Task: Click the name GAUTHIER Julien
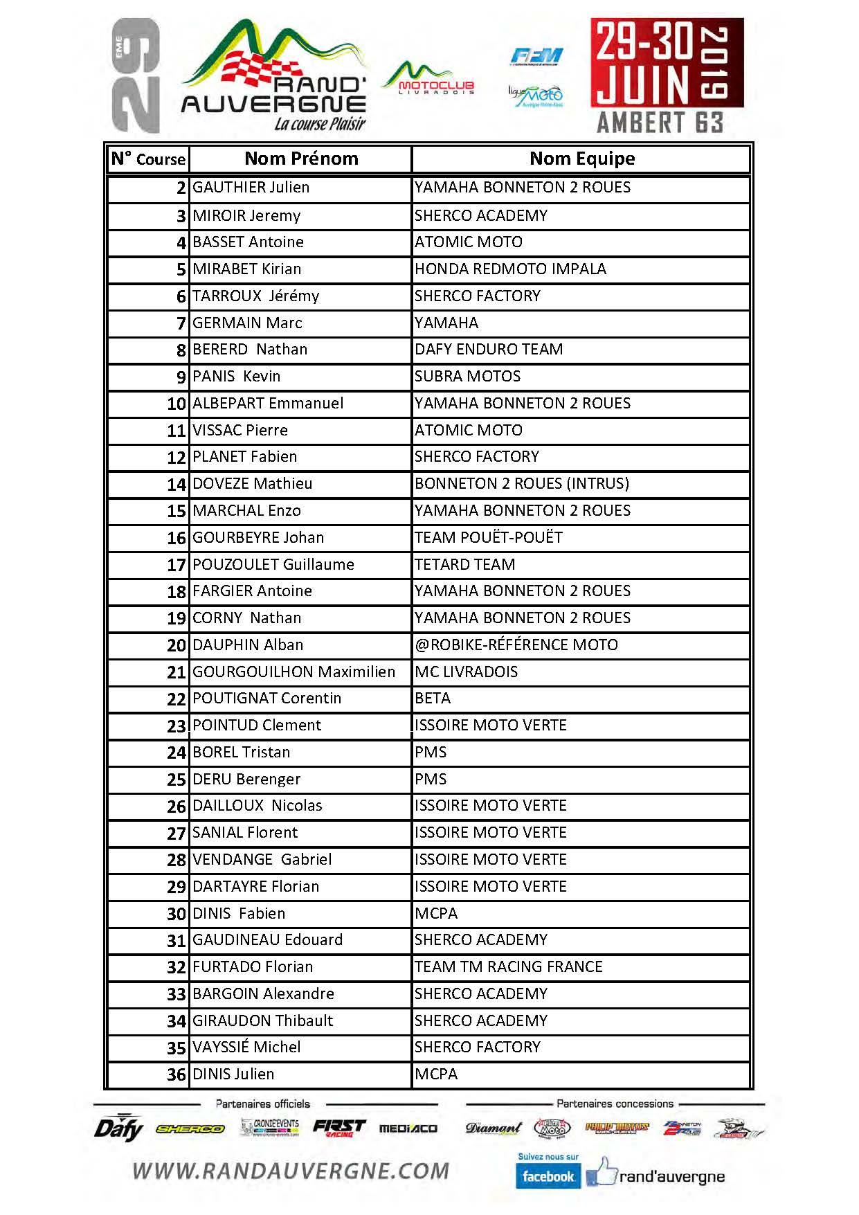(251, 188)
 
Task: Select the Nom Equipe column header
(581, 159)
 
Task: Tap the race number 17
(177, 565)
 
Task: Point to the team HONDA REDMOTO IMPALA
(510, 269)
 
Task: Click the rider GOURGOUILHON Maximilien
(293, 672)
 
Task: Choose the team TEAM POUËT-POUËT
(488, 537)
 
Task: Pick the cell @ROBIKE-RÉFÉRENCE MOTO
(516, 645)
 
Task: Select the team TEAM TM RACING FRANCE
(508, 966)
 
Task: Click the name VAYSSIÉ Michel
(246, 1047)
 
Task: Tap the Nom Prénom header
(301, 159)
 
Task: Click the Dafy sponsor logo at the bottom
(118, 1128)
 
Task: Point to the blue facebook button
(548, 1176)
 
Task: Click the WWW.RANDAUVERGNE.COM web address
(291, 1171)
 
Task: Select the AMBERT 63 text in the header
(660, 123)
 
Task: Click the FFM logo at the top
(536, 57)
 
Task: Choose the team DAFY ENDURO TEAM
(488, 349)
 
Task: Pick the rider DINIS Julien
(233, 1074)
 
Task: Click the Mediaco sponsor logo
(408, 1128)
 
